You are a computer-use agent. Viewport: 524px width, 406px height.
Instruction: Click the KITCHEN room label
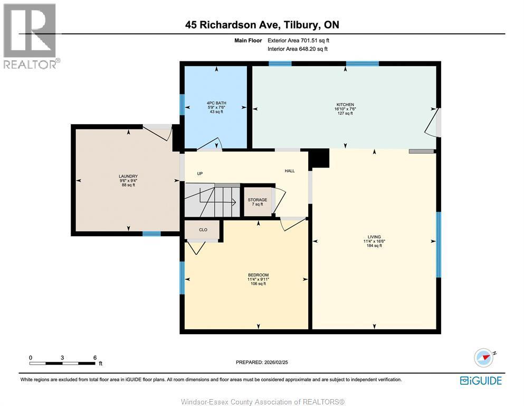(x=346, y=105)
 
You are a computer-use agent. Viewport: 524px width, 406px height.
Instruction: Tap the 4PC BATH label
(x=214, y=103)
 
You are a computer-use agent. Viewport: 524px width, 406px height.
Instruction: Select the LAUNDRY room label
(x=128, y=176)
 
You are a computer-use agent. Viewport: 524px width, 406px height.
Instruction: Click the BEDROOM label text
(x=258, y=275)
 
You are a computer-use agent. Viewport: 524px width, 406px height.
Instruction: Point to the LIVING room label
(x=374, y=237)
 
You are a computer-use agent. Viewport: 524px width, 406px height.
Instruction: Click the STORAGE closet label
(x=258, y=200)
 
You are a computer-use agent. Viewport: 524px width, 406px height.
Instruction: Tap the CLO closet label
(x=203, y=230)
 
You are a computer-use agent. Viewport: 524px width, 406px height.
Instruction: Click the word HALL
(x=290, y=171)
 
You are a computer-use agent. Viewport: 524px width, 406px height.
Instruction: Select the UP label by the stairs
(x=200, y=174)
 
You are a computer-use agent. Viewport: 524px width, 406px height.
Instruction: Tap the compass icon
(x=483, y=357)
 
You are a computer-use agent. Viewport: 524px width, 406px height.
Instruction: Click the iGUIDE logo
(x=481, y=381)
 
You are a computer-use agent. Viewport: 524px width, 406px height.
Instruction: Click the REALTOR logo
(x=31, y=36)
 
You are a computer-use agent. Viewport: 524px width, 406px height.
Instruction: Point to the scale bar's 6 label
(x=95, y=357)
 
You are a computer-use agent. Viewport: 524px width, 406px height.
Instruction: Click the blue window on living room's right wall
(x=438, y=244)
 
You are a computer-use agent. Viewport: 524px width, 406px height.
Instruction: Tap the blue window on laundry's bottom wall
(x=151, y=233)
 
